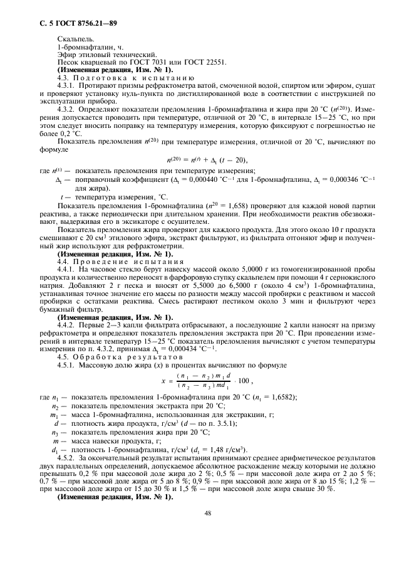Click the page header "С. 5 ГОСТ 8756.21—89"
coord(76,24)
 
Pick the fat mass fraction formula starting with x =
coord(207,380)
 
